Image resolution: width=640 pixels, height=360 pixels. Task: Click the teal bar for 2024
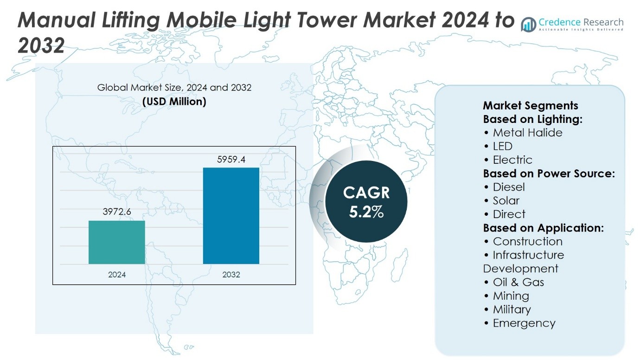click(117, 242)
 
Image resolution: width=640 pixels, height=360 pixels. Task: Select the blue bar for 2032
click(231, 216)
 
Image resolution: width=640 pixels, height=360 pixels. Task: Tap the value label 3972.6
click(117, 212)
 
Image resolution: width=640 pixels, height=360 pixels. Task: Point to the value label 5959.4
click(231, 160)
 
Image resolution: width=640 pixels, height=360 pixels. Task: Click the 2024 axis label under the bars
click(117, 275)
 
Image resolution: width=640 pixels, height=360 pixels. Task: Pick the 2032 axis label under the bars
click(231, 275)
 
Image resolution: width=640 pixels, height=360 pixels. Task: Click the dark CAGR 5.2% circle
click(366, 202)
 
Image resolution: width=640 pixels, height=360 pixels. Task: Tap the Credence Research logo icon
click(529, 24)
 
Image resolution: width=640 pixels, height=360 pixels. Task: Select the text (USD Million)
click(174, 101)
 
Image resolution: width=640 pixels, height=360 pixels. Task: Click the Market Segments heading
click(531, 105)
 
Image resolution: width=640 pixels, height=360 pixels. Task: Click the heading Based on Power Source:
click(549, 174)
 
